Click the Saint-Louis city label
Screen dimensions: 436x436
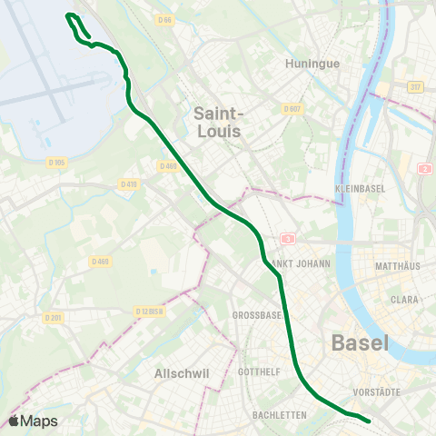tap(219, 122)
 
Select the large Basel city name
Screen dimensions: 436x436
tap(360, 343)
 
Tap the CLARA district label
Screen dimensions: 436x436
tap(404, 298)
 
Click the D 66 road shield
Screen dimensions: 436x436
tap(163, 18)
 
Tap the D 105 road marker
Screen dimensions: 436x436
tap(57, 163)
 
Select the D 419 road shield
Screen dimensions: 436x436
tap(128, 183)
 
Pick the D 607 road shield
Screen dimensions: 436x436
tap(292, 109)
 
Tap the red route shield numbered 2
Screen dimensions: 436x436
tap(423, 169)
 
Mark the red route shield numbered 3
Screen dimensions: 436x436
tap(288, 239)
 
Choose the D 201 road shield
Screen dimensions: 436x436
tap(54, 318)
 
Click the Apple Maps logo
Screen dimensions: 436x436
tap(33, 421)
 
